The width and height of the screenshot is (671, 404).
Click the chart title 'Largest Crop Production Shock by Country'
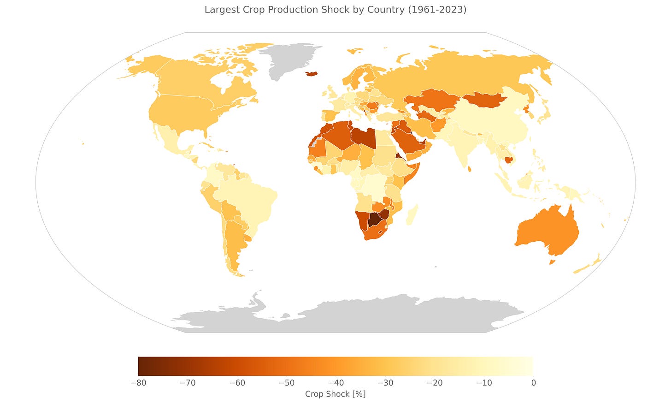335,10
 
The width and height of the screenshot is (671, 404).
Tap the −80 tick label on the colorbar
138,383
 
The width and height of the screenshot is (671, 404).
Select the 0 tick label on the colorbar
533,383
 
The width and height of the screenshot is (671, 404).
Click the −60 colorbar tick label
236,383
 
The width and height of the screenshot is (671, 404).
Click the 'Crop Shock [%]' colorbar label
335,394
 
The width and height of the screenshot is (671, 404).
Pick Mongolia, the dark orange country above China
484,100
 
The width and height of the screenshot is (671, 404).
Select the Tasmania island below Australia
553,262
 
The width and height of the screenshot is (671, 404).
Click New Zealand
588,266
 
